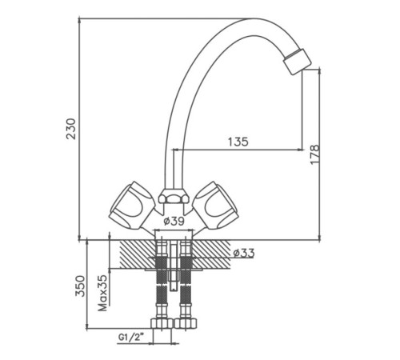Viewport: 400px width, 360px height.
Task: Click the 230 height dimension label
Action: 71,129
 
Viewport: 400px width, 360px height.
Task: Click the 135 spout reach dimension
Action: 238,142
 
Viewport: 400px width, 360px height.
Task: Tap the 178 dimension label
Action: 315,154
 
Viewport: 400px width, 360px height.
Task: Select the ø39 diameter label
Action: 174,221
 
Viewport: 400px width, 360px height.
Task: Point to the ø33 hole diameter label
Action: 244,253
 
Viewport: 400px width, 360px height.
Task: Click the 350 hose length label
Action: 80,286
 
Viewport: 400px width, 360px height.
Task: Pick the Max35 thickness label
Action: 102,293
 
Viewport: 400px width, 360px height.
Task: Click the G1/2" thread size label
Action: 131,338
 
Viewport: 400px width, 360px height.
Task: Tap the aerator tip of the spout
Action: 298,62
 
